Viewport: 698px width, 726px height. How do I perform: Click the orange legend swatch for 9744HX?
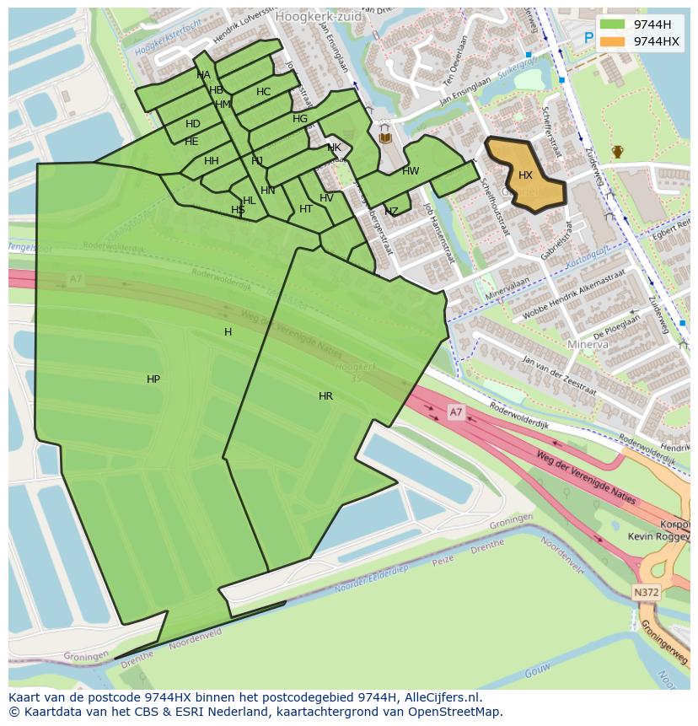613,40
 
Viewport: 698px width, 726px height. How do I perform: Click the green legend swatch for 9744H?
613,24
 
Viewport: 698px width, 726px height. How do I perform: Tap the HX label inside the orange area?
525,175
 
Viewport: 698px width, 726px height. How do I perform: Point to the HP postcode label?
153,379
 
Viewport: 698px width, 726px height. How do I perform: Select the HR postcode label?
325,395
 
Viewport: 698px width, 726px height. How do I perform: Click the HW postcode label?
411,171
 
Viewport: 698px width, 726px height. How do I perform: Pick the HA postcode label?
203,75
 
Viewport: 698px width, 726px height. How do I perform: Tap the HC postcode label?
264,92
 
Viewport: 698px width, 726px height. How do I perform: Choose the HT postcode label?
306,209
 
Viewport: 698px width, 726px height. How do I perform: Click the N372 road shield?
646,593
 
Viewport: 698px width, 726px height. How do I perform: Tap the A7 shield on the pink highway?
455,411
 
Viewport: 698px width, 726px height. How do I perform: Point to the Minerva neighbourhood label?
588,345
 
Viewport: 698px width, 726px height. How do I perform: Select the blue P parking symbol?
588,38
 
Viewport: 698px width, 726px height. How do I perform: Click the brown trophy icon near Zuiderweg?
617,152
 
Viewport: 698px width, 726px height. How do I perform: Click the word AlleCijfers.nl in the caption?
443,697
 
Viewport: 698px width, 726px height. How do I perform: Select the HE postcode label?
191,142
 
